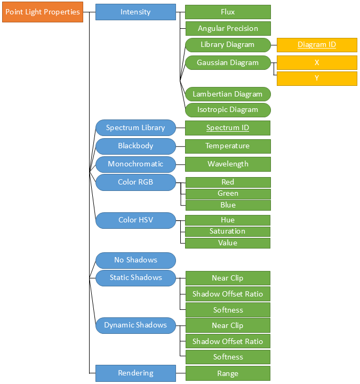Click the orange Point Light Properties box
click(x=43, y=12)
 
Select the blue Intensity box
click(x=135, y=12)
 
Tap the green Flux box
click(x=228, y=12)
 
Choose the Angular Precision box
click(x=228, y=28)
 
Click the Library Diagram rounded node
click(x=228, y=45)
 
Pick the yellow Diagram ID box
click(x=317, y=45)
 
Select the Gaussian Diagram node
click(x=228, y=62)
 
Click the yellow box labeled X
click(x=317, y=62)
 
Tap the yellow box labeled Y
click(x=317, y=78)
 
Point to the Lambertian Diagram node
click(x=228, y=94)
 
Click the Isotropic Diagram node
click(x=228, y=109)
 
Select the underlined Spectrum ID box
click(x=228, y=127)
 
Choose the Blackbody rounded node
click(x=135, y=146)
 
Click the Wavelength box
click(x=228, y=164)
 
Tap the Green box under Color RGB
click(x=228, y=194)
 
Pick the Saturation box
click(x=228, y=231)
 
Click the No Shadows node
click(x=135, y=260)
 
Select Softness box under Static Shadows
click(x=228, y=310)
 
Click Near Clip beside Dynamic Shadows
click(x=228, y=325)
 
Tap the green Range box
click(x=228, y=373)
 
